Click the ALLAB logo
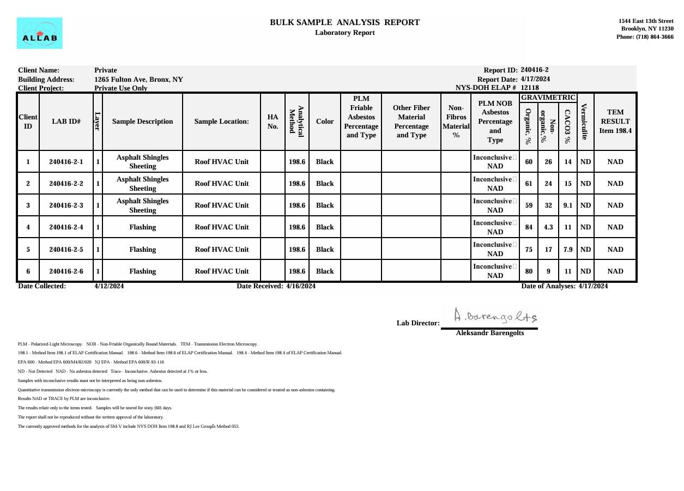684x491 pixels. point(39,33)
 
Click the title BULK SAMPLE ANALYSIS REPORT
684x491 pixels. point(344,22)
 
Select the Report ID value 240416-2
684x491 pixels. point(534,70)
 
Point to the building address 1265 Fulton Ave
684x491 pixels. point(138,80)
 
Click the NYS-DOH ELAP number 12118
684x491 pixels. point(530,88)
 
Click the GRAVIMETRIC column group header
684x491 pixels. point(548,98)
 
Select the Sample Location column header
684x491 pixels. point(221,122)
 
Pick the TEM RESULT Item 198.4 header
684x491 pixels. point(615,122)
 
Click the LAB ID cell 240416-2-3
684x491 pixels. point(66,205)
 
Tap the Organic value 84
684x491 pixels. point(529,227)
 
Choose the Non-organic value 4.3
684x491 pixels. point(548,227)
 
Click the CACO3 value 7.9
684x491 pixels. point(568,250)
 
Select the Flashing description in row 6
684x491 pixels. point(142,271)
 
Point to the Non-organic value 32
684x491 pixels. point(548,205)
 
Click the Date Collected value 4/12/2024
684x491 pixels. point(109,286)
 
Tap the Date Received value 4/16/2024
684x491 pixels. point(300,286)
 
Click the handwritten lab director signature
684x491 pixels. point(495,316)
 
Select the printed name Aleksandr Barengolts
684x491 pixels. point(489,333)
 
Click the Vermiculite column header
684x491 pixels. point(585,122)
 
